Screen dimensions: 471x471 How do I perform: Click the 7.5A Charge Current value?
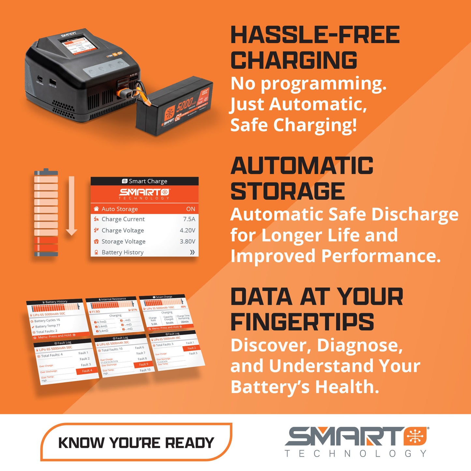point(189,219)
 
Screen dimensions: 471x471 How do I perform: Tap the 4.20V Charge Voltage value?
point(187,230)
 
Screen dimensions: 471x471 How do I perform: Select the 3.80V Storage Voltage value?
point(187,242)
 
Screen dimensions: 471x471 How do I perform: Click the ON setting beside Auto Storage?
point(191,209)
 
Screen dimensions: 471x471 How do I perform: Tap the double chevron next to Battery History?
point(192,252)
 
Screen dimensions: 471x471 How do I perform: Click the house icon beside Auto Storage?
point(96,209)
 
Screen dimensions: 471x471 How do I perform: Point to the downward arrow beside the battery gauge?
point(71,205)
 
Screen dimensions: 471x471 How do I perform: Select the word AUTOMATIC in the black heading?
point(302,166)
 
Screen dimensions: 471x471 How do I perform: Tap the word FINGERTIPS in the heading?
point(302,322)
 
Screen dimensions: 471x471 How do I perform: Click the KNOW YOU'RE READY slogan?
point(136,443)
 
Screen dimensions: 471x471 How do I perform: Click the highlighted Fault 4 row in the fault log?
point(87,371)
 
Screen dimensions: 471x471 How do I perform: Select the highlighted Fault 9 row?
point(143,364)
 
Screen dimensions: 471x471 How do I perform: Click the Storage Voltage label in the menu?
point(124,242)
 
